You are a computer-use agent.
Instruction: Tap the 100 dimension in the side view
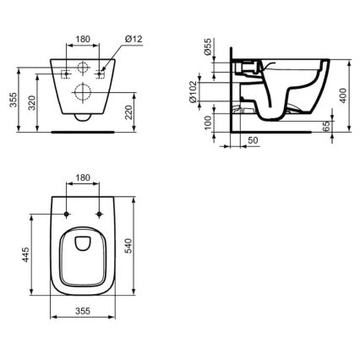[208, 125]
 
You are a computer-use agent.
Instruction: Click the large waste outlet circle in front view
[84, 91]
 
